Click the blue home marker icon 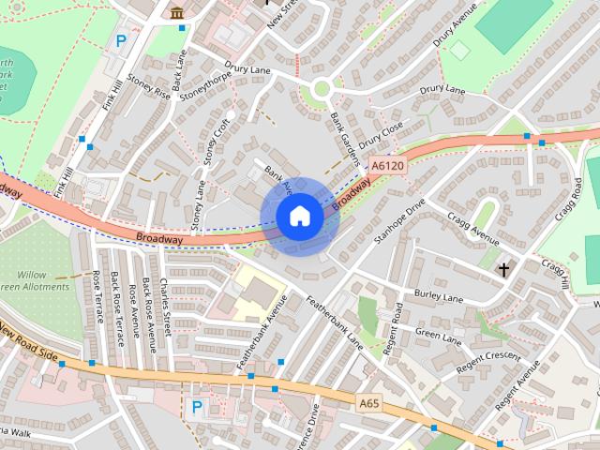[300, 217]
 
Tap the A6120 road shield [387, 166]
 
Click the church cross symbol [503, 270]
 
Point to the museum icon [177, 12]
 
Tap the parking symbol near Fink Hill [121, 41]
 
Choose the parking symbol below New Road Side [197, 407]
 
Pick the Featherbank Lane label [335, 322]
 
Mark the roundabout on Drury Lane [322, 91]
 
